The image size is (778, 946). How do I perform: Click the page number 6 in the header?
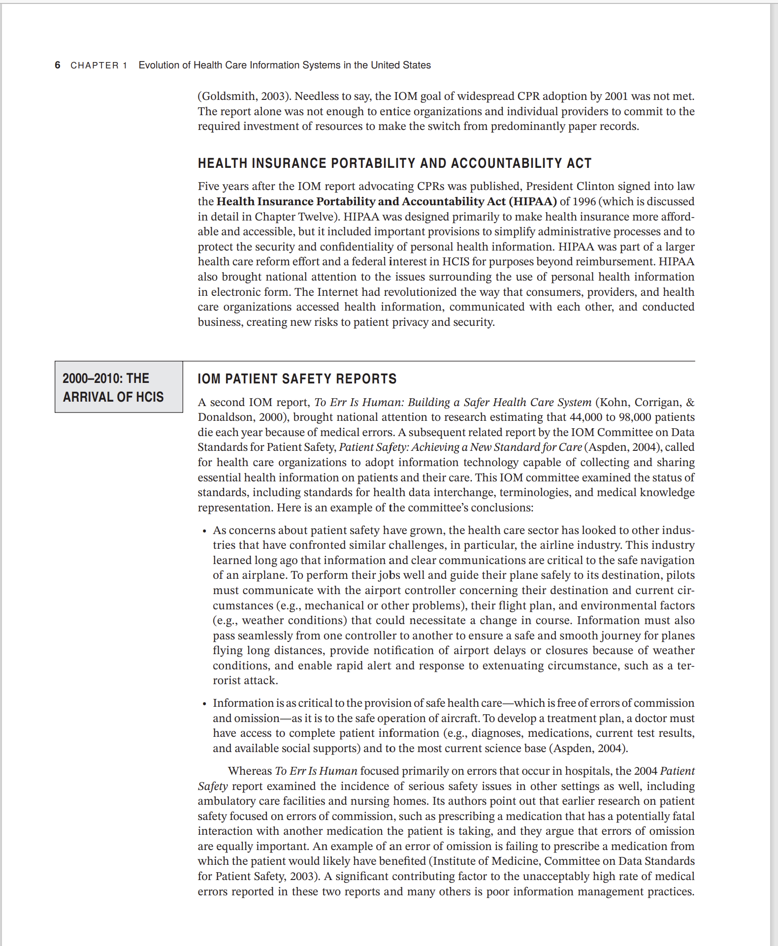pos(58,65)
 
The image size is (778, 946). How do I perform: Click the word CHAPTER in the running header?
pos(95,65)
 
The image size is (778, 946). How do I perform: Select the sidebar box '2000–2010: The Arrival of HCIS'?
pos(118,387)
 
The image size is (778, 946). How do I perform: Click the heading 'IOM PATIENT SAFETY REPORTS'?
pos(297,378)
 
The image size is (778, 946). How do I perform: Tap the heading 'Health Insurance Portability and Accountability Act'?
pos(394,163)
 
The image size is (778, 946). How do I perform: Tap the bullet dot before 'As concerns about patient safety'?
pos(204,531)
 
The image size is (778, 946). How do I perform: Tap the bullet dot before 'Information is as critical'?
pos(204,704)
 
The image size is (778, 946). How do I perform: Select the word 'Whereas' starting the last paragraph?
pos(250,771)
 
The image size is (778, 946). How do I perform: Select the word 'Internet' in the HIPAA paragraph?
pos(337,292)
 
